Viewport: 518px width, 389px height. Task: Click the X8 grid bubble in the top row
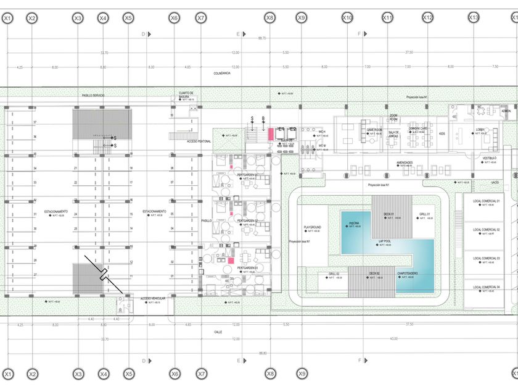[269, 19]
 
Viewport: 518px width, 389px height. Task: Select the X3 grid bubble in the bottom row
[78, 374]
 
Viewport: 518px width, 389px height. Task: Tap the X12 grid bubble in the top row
[427, 19]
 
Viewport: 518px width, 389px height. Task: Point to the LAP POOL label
[387, 242]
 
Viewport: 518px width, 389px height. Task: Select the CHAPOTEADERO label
[407, 273]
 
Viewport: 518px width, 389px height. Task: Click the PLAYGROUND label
[313, 227]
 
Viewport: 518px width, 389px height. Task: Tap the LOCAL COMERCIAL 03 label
[487, 258]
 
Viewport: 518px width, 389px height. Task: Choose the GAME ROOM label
[375, 130]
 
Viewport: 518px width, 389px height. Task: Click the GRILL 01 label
[424, 214]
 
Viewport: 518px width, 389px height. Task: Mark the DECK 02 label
[374, 273]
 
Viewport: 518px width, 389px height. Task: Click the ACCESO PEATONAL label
[199, 141]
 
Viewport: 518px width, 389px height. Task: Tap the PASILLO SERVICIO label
[93, 96]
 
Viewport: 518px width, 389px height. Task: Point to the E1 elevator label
[281, 128]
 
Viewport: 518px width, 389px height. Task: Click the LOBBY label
[480, 130]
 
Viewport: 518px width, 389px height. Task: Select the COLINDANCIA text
[222, 73]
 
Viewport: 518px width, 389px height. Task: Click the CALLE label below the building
[218, 332]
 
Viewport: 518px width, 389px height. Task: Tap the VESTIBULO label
[490, 158]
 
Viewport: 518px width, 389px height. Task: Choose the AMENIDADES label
[405, 162]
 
